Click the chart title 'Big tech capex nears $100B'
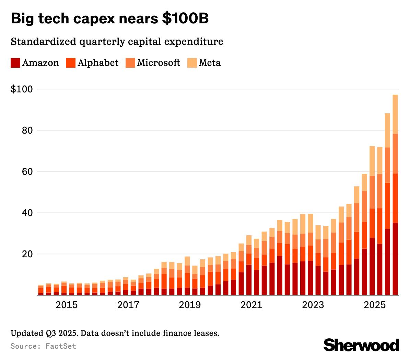[x=110, y=19]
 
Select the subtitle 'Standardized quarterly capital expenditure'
[x=117, y=42]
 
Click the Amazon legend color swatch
[x=15, y=63]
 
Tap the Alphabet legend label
[x=98, y=63]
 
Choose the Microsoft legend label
[x=159, y=63]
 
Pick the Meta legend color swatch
[x=192, y=63]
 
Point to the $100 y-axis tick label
[x=22, y=89]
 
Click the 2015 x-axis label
[x=67, y=305]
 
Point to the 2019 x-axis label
[x=190, y=305]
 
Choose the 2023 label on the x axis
[x=313, y=305]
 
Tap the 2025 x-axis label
[x=375, y=305]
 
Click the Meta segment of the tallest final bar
[x=395, y=114]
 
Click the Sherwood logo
[x=361, y=345]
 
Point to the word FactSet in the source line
[x=61, y=346]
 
